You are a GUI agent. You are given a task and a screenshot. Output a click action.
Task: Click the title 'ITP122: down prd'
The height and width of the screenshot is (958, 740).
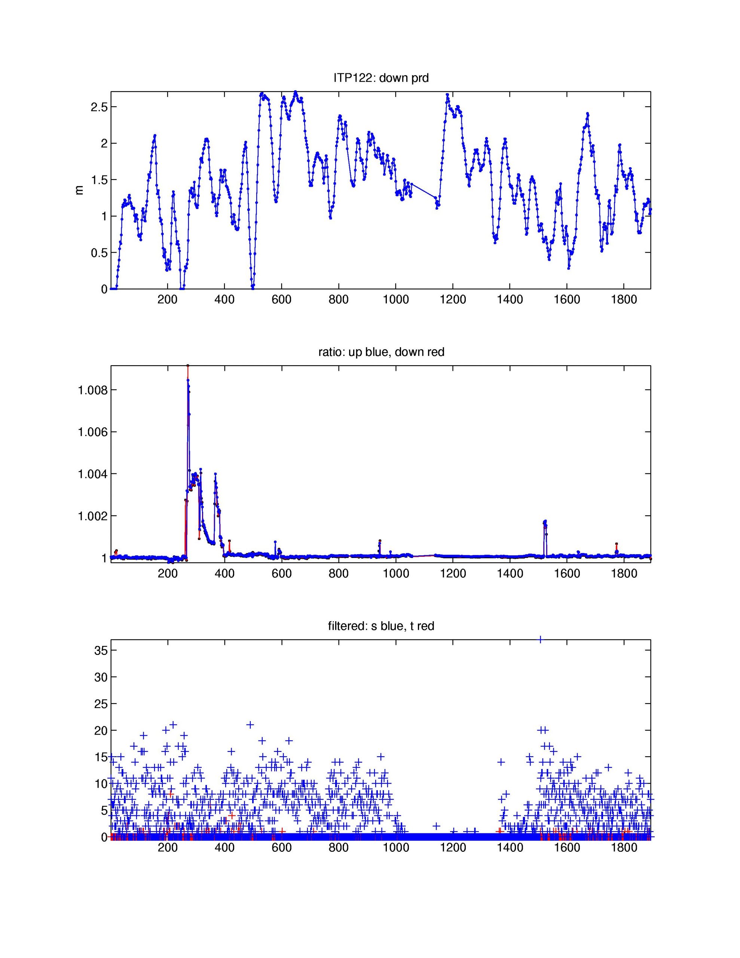point(381,78)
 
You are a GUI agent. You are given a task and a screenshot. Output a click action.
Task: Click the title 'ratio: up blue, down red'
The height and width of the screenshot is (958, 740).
point(381,352)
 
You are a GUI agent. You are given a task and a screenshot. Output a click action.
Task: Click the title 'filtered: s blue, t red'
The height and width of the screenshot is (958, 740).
point(381,626)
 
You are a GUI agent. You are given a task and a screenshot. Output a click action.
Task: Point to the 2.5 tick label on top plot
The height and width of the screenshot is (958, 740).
point(99,107)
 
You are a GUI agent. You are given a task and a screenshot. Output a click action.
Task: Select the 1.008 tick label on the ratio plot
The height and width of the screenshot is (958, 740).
point(92,390)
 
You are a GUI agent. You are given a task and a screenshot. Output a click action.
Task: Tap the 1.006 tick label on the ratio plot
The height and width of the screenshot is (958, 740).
point(92,432)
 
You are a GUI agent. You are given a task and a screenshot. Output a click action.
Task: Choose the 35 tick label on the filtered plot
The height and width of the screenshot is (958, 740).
point(101,650)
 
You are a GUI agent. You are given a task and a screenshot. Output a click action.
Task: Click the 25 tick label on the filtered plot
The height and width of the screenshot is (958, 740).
point(101,704)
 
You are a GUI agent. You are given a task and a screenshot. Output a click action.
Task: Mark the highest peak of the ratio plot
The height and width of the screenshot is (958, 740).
point(188,366)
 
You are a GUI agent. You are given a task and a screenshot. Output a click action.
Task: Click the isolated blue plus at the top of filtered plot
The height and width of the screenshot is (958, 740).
point(541,640)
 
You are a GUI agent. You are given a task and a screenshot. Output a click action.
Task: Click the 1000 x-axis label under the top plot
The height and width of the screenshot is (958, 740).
point(396,300)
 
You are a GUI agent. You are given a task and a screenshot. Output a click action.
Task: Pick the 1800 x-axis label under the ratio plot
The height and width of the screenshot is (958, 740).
point(624,574)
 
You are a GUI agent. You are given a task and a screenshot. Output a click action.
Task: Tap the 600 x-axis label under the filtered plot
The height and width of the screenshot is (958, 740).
point(282,848)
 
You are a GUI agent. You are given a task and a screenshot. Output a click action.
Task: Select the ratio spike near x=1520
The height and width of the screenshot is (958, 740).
point(545,522)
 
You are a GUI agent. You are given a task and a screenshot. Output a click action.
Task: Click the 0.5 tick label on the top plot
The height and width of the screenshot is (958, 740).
point(99,253)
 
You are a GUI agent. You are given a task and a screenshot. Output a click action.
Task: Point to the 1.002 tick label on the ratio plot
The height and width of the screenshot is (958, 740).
point(92,516)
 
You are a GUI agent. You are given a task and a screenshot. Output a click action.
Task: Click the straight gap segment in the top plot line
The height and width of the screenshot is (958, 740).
point(423,190)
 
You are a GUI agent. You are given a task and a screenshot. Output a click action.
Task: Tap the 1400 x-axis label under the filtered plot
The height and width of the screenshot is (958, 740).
point(510,848)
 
